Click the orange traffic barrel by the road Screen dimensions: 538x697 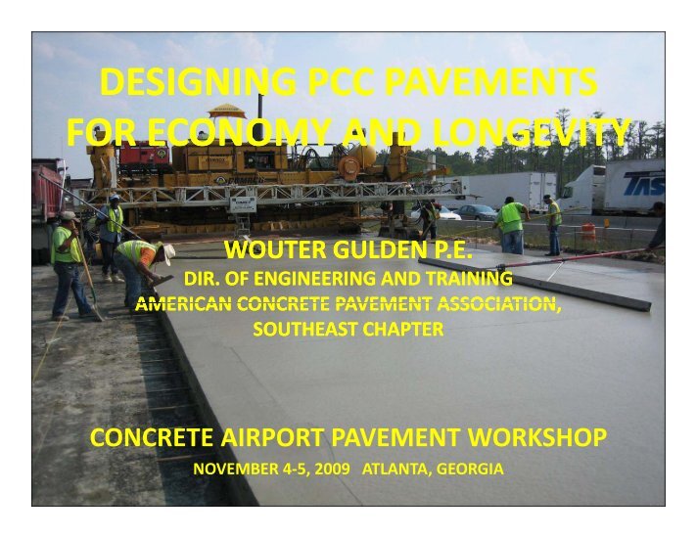[589, 234]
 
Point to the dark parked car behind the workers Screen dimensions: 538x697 [477, 211]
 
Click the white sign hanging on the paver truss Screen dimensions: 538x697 [244, 203]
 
